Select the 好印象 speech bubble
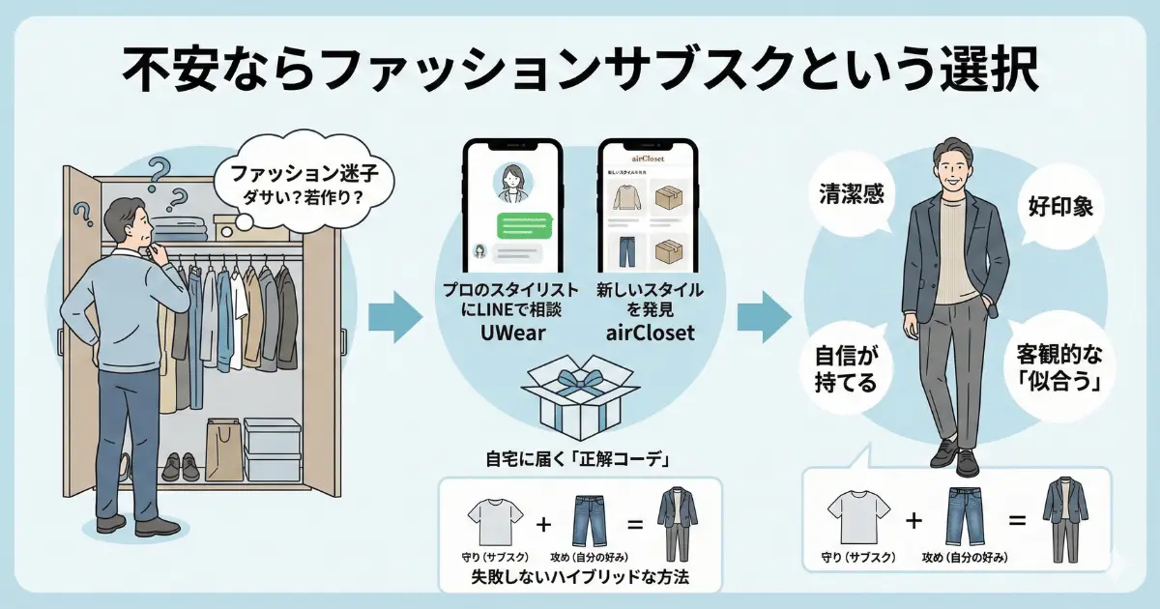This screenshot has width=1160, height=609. coord(1058,207)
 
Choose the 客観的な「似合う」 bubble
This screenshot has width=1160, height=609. coord(1058,367)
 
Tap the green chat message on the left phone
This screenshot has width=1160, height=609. coord(529,226)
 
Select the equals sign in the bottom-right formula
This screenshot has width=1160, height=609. coord(1016,522)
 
